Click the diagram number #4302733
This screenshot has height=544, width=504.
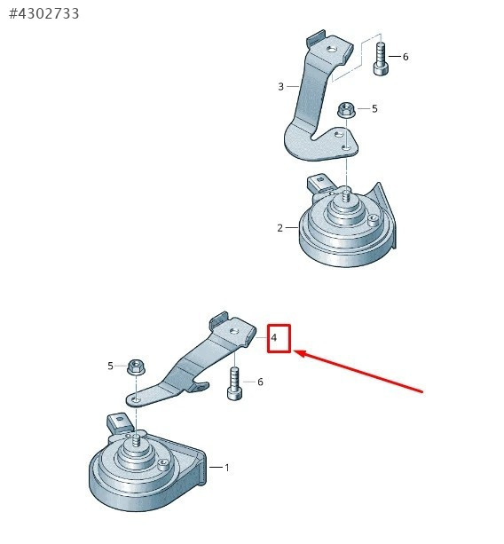(x=44, y=13)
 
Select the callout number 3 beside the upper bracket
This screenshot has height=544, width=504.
(x=280, y=86)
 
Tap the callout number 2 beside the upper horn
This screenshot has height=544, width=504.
(x=280, y=228)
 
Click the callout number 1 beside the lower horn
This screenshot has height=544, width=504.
(x=227, y=468)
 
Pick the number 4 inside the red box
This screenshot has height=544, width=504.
(x=274, y=337)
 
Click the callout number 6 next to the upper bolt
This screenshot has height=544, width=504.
(x=406, y=57)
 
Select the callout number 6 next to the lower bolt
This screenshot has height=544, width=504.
(x=260, y=382)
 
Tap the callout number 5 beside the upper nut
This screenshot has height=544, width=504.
(x=374, y=108)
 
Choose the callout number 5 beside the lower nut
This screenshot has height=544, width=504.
(x=110, y=366)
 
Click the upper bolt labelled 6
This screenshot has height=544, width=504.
(x=381, y=59)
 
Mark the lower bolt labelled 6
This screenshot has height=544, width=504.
(x=234, y=383)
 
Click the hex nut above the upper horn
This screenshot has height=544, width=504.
(x=346, y=110)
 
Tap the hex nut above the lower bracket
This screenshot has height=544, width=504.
(x=136, y=367)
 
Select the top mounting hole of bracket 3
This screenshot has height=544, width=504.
(x=332, y=49)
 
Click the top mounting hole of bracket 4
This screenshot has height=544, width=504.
(x=234, y=331)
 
